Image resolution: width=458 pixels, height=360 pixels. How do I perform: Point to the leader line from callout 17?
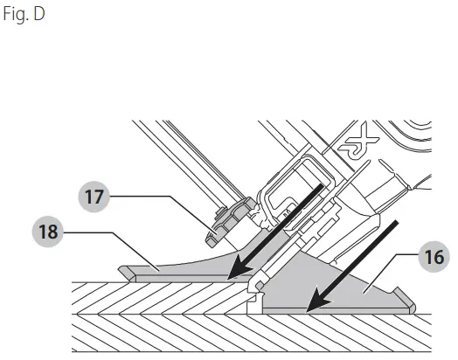(x=166, y=202)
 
